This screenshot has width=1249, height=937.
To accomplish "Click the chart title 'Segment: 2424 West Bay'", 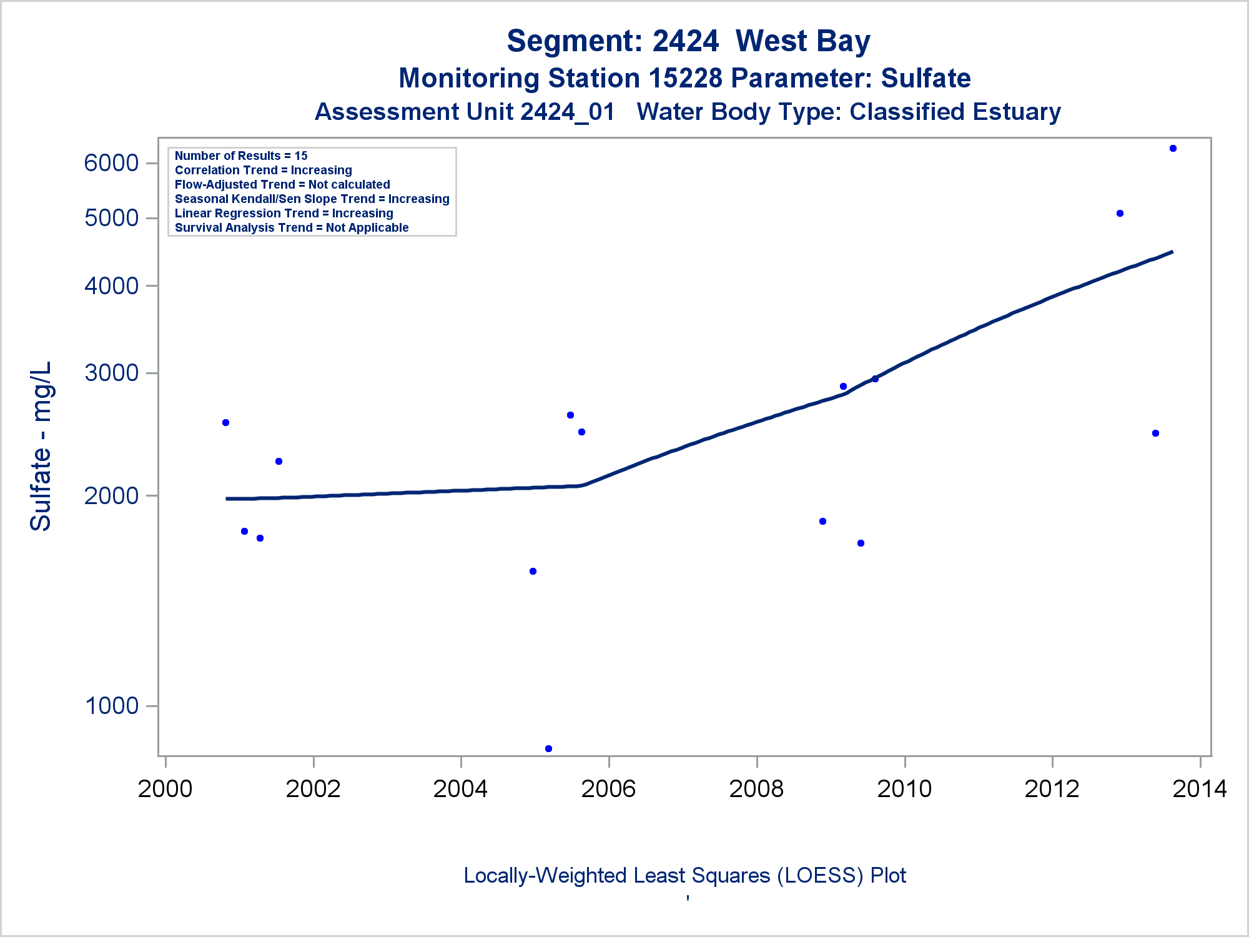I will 688,41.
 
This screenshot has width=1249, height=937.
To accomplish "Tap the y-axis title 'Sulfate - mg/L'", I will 41,446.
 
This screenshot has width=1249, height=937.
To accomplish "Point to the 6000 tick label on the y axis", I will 111,163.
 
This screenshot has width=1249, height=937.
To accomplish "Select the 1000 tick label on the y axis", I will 111,706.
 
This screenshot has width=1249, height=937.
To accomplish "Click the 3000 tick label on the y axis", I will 111,373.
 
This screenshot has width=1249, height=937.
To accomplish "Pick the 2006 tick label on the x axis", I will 608,789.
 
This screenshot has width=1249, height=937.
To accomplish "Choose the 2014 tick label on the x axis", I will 1200,789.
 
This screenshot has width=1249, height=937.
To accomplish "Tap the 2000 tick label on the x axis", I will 165,789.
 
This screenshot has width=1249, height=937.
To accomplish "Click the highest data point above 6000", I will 1173,149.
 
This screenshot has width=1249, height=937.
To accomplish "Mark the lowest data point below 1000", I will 548,748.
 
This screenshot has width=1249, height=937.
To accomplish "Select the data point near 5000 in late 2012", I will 1120,214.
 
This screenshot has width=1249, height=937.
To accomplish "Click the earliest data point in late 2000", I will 226,423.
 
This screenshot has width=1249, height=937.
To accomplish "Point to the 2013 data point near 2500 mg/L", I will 1155,434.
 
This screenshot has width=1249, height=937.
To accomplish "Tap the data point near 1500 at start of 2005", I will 533,572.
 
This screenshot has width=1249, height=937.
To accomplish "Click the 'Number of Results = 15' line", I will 241,156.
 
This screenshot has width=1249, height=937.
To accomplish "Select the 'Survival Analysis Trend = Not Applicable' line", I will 292,228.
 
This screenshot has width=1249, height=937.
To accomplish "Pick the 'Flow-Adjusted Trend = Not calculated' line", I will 282,185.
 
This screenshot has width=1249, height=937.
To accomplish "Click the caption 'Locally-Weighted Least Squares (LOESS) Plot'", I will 684,876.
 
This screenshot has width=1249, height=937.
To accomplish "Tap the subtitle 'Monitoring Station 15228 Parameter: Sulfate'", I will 684,79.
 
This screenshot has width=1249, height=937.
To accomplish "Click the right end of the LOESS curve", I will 1172,252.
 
